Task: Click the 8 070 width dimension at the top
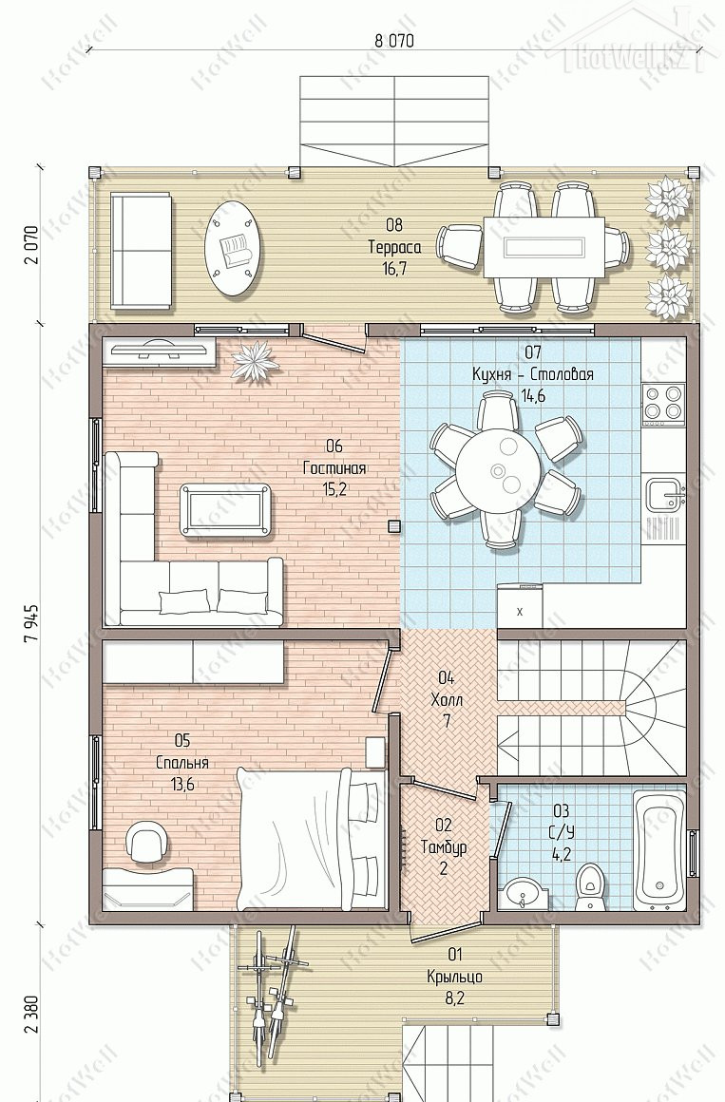tap(393, 40)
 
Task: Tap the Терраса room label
tap(394, 247)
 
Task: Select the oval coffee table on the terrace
tap(236, 248)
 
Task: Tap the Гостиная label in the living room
tap(334, 467)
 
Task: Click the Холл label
tap(447, 700)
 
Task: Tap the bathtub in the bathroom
tap(659, 849)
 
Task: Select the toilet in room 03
tap(587, 886)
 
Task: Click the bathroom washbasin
tap(521, 892)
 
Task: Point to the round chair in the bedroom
tap(147, 842)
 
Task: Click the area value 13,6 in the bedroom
tap(182, 785)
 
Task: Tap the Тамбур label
tap(443, 846)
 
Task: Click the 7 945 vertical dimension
tap(30, 622)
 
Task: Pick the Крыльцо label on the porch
tap(454, 977)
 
